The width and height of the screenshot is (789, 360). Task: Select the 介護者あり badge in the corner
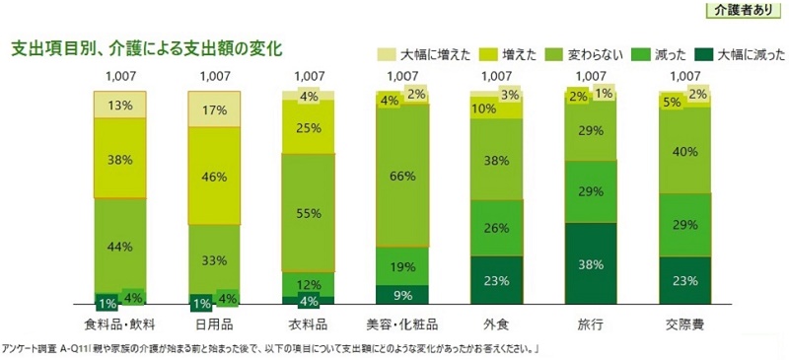click(x=747, y=11)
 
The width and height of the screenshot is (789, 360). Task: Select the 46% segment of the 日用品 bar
click(x=215, y=178)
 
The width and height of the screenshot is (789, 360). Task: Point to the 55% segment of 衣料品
click(x=309, y=213)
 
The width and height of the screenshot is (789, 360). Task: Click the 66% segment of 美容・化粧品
click(x=401, y=177)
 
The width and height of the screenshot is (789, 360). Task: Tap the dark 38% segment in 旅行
click(x=590, y=263)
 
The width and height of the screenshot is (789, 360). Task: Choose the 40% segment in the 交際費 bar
click(x=683, y=152)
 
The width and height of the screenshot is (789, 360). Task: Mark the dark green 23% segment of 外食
click(x=496, y=280)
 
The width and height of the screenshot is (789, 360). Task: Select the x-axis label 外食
click(x=496, y=324)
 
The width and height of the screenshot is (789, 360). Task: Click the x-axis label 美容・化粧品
click(x=401, y=324)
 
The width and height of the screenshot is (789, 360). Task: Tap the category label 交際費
click(x=683, y=324)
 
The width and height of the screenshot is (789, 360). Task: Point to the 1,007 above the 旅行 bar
click(x=590, y=75)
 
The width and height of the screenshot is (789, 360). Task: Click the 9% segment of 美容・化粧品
click(x=401, y=294)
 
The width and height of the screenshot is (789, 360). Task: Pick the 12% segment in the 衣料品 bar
click(x=309, y=284)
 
